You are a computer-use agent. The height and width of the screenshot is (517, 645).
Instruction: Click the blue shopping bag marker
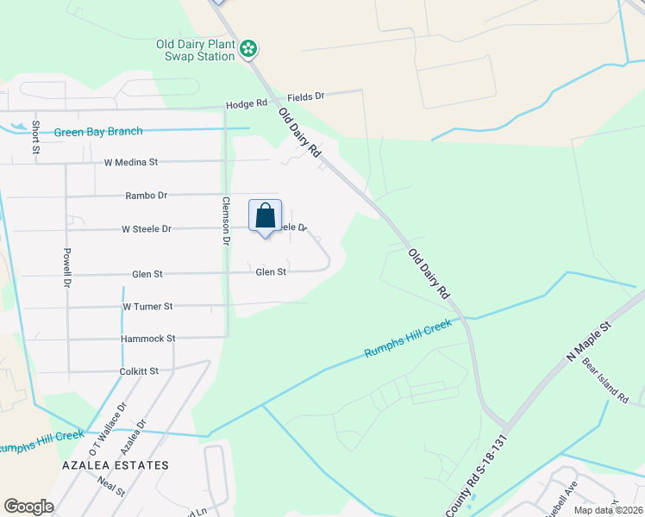click(266, 215)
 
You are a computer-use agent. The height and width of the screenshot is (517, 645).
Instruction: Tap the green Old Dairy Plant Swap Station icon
click(248, 48)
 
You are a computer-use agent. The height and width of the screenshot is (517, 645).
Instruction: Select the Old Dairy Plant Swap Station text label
click(195, 50)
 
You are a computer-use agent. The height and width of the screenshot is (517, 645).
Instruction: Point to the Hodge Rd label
click(247, 104)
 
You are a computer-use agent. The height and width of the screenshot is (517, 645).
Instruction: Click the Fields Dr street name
click(306, 97)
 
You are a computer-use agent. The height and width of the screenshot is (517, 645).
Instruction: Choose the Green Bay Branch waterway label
click(98, 132)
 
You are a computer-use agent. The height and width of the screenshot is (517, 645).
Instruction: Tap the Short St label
click(36, 137)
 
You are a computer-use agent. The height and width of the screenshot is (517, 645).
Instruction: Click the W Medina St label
click(131, 162)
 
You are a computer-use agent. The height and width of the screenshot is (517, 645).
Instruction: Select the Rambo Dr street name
click(146, 196)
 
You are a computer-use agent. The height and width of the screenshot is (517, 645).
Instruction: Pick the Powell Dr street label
click(66, 267)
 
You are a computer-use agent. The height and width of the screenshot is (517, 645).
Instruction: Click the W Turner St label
click(147, 307)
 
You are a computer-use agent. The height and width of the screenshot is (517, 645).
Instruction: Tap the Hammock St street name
click(147, 339)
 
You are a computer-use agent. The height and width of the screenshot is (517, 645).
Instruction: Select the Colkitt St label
click(140, 371)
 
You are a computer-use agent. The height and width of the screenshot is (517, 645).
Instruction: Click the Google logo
click(28, 507)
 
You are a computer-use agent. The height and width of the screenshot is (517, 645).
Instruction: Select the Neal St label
click(111, 487)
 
